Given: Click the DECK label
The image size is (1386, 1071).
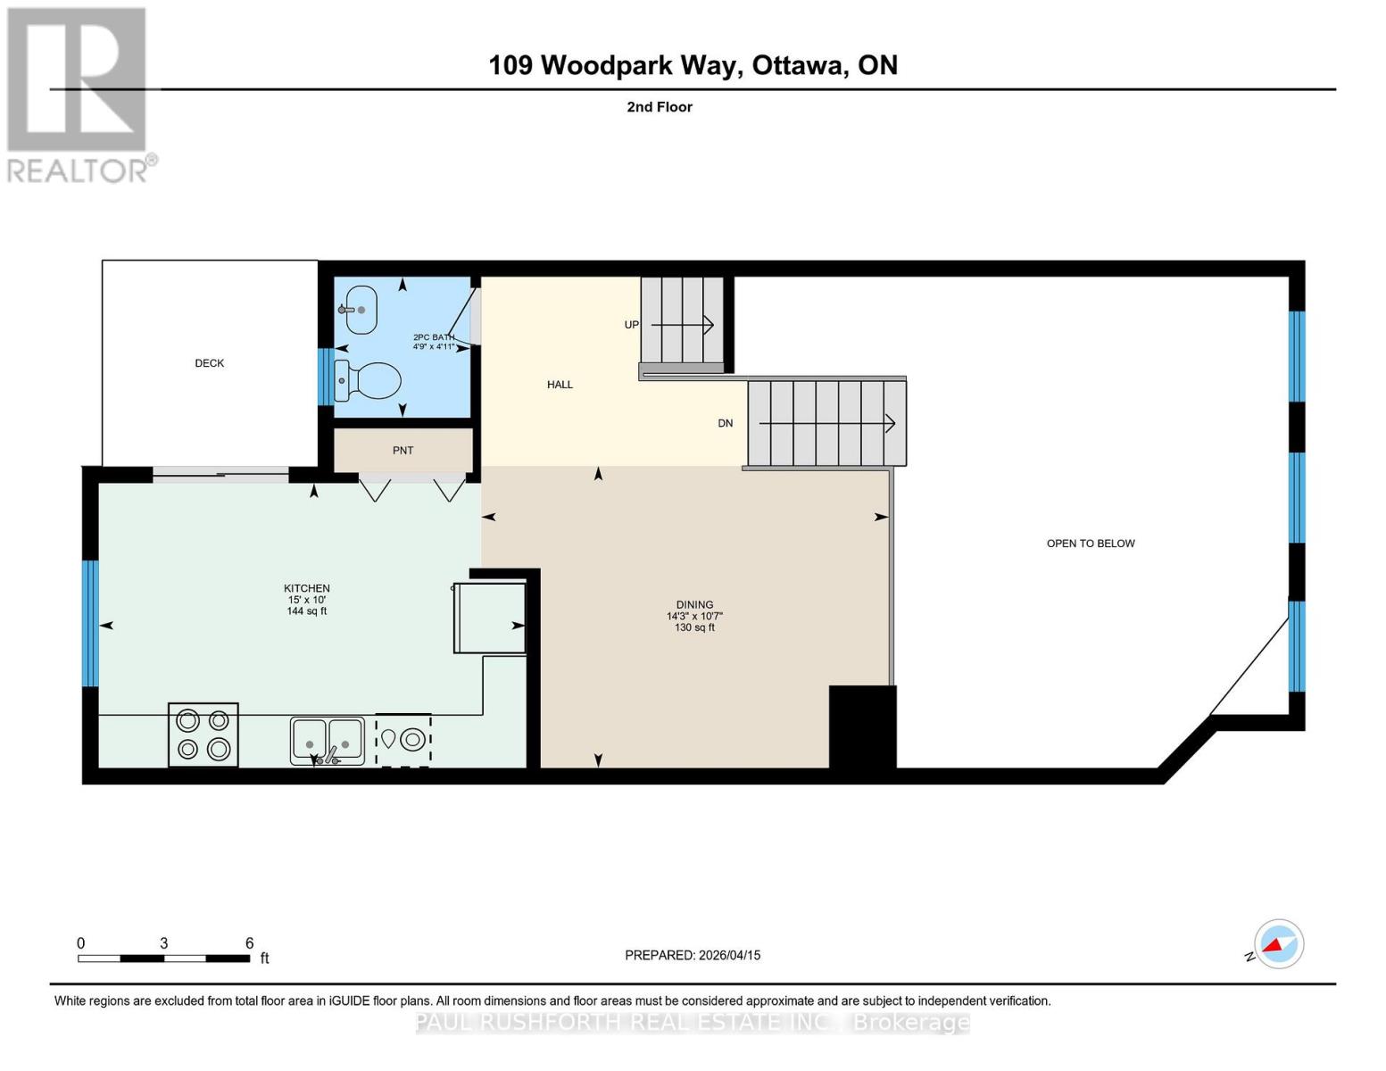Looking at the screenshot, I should point(210,363).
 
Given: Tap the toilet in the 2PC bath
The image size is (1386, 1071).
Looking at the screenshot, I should point(368,382).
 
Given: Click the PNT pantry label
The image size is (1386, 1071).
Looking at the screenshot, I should point(403,451).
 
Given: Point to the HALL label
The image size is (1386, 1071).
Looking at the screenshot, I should point(560,385).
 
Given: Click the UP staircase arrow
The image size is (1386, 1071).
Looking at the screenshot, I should point(683,325).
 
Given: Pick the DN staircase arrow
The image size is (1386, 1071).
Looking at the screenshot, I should point(826,423).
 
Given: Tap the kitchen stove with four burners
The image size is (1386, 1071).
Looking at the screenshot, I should point(203,735).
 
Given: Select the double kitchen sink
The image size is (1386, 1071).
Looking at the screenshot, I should point(327,741).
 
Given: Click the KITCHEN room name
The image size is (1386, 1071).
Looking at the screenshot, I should point(307,588).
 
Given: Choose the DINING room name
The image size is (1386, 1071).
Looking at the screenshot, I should point(694,604).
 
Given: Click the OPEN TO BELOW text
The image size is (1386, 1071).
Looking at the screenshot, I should point(1091,544).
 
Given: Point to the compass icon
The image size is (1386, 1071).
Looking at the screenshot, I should point(1278,944).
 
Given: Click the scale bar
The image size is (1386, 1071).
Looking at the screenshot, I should point(163,959).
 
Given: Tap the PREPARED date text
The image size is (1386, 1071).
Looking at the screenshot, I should point(693,955).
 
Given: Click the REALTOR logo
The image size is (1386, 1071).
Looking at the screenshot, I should point(79,94).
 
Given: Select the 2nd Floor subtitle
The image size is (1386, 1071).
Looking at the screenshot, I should point(660,107).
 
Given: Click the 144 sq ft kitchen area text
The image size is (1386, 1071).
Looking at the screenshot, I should point(307,611).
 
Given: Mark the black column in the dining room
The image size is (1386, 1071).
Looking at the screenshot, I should point(862,726).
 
